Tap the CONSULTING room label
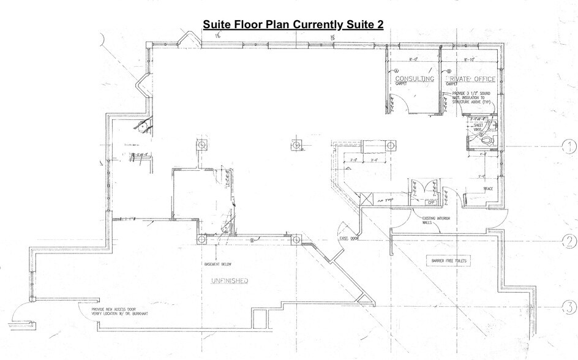coord(415,79)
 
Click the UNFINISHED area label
coord(229,281)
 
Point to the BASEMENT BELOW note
coord(219,264)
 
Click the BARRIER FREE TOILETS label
coord(448,261)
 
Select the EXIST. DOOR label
coord(350,239)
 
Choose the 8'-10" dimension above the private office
coord(470,60)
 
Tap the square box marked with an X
coord(367,200)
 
